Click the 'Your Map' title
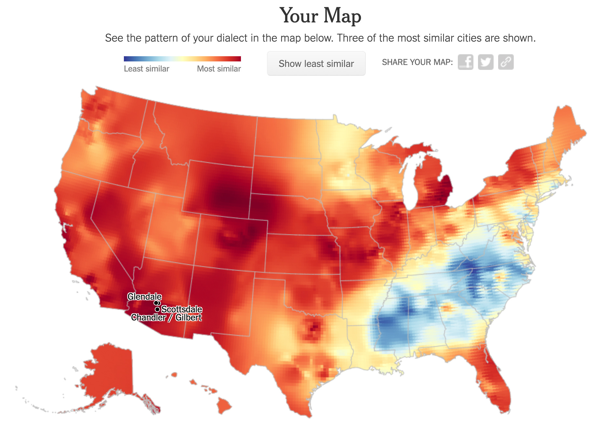tap(320, 16)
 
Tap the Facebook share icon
tap(465, 62)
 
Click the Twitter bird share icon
tap(485, 62)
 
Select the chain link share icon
tap(506, 62)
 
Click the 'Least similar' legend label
tap(146, 69)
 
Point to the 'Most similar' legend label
tap(219, 69)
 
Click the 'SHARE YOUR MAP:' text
tap(417, 62)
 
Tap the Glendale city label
tap(144, 296)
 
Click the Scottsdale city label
tap(182, 309)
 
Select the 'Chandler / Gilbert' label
tap(166, 318)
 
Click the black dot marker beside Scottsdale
tap(157, 309)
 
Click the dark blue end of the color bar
tap(126, 59)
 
